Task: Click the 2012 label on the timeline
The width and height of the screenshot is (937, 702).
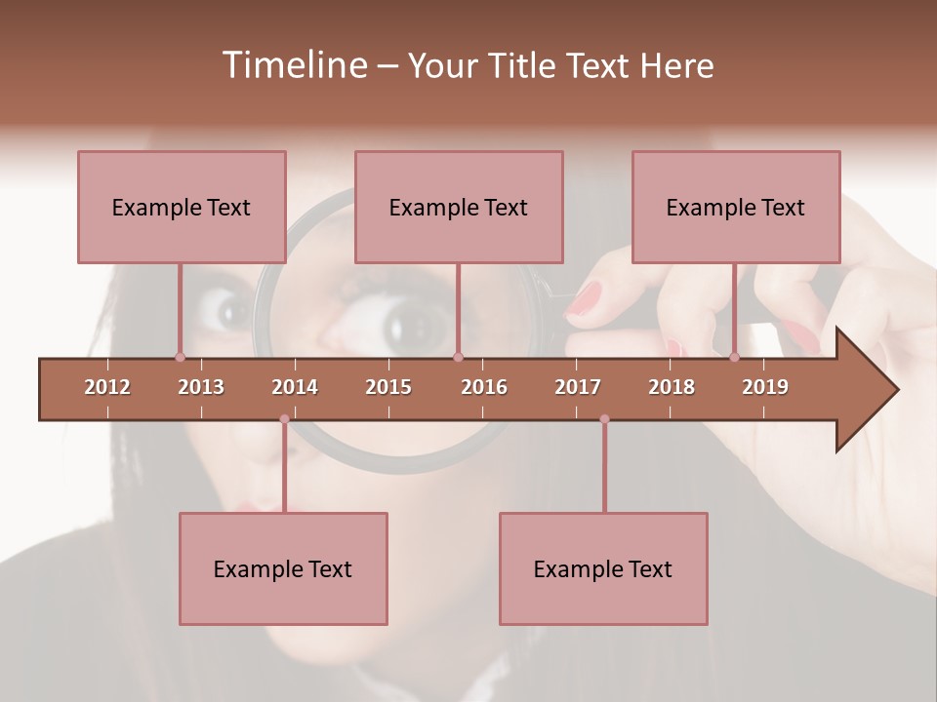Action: pyautogui.click(x=107, y=387)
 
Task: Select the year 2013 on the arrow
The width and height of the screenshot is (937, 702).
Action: pyautogui.click(x=201, y=387)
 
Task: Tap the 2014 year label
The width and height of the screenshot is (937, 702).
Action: pyautogui.click(x=295, y=387)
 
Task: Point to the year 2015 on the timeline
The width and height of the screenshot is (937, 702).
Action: pyautogui.click(x=388, y=387)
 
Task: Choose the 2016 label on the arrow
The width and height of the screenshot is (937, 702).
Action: pyautogui.click(x=484, y=387)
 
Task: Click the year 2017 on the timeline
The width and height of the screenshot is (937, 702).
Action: pyautogui.click(x=578, y=387)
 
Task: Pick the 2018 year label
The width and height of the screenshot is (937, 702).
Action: pyautogui.click(x=672, y=387)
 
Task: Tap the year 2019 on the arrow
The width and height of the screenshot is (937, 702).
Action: pyautogui.click(x=765, y=387)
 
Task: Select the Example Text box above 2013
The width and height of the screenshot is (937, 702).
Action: pyautogui.click(x=182, y=207)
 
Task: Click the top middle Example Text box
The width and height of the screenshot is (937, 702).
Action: pyautogui.click(x=459, y=207)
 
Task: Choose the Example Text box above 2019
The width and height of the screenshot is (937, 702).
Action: pyautogui.click(x=736, y=207)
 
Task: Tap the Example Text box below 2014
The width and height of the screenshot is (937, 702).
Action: pyautogui.click(x=283, y=568)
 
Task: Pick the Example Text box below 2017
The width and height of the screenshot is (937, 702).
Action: pyautogui.click(x=603, y=568)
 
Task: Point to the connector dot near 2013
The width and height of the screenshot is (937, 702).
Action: pyautogui.click(x=180, y=357)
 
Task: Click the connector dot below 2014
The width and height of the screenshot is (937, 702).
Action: pyautogui.click(x=284, y=419)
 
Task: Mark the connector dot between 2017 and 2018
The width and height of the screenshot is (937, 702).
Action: pyautogui.click(x=604, y=419)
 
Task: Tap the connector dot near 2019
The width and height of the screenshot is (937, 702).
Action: pyautogui.click(x=734, y=357)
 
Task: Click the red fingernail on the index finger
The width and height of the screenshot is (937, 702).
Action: pyautogui.click(x=586, y=297)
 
